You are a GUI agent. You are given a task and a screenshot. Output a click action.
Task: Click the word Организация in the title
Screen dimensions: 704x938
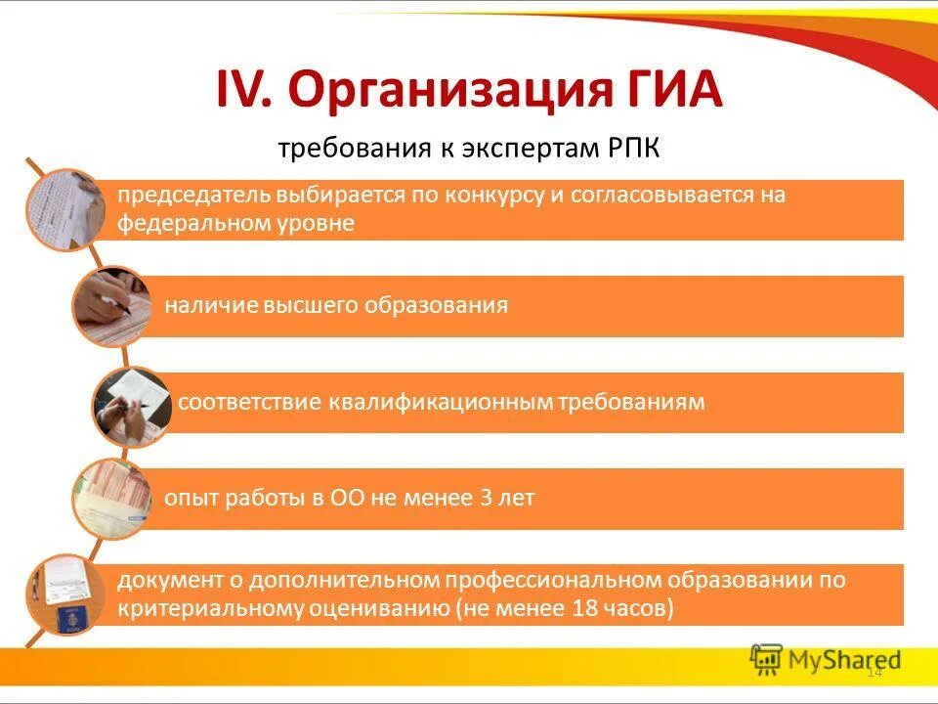(x=440, y=92)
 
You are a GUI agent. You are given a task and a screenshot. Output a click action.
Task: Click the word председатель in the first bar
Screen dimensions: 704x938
(x=180, y=195)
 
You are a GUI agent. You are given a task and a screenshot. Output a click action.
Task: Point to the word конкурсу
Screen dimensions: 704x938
(x=493, y=195)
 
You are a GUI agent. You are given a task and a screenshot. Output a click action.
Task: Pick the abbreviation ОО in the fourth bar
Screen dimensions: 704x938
(x=348, y=498)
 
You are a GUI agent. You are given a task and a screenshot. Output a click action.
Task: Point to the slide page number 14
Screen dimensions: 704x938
(x=874, y=672)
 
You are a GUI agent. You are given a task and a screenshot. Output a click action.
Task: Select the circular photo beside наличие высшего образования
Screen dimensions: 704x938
(x=110, y=307)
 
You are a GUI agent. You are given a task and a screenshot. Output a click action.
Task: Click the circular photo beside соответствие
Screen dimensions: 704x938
(x=131, y=404)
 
